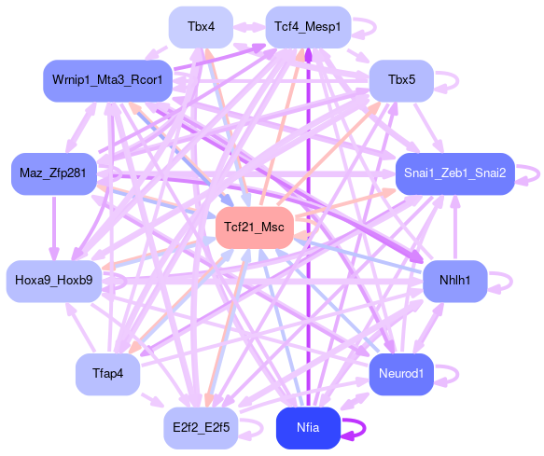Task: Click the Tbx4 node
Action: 201,27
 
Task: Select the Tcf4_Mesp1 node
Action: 308,27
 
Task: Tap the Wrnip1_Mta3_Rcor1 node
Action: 107,80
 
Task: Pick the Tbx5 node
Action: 401,80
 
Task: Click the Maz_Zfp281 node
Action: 54,173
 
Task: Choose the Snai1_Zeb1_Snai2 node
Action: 454,173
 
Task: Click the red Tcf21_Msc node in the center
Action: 255,228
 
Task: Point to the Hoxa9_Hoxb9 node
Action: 54,281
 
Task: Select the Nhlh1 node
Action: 454,281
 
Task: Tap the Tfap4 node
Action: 107,374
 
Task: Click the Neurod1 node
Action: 401,374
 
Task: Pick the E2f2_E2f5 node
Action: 201,428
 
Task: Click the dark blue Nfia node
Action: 308,428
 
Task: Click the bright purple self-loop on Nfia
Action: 365,429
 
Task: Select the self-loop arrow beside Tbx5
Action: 458,81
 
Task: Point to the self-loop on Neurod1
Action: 458,375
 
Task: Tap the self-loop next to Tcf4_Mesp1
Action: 375,28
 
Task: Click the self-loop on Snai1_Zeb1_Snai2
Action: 538,174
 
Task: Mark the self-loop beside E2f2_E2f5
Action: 262,429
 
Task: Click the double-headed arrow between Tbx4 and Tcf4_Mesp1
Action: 249,27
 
